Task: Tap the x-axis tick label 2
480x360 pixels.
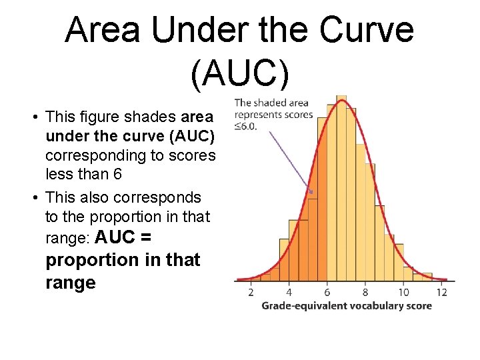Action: (x=251, y=292)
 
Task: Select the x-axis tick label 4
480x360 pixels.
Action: (x=289, y=292)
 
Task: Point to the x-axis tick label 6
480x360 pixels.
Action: (x=327, y=292)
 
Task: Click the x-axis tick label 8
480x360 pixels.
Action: (x=365, y=292)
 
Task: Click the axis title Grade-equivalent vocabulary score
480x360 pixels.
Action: (x=346, y=306)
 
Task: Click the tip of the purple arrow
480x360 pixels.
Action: (x=313, y=193)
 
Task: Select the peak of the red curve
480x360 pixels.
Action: (x=342, y=101)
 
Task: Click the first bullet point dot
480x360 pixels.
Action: (x=33, y=117)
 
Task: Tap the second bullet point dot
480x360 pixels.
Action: (x=33, y=198)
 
